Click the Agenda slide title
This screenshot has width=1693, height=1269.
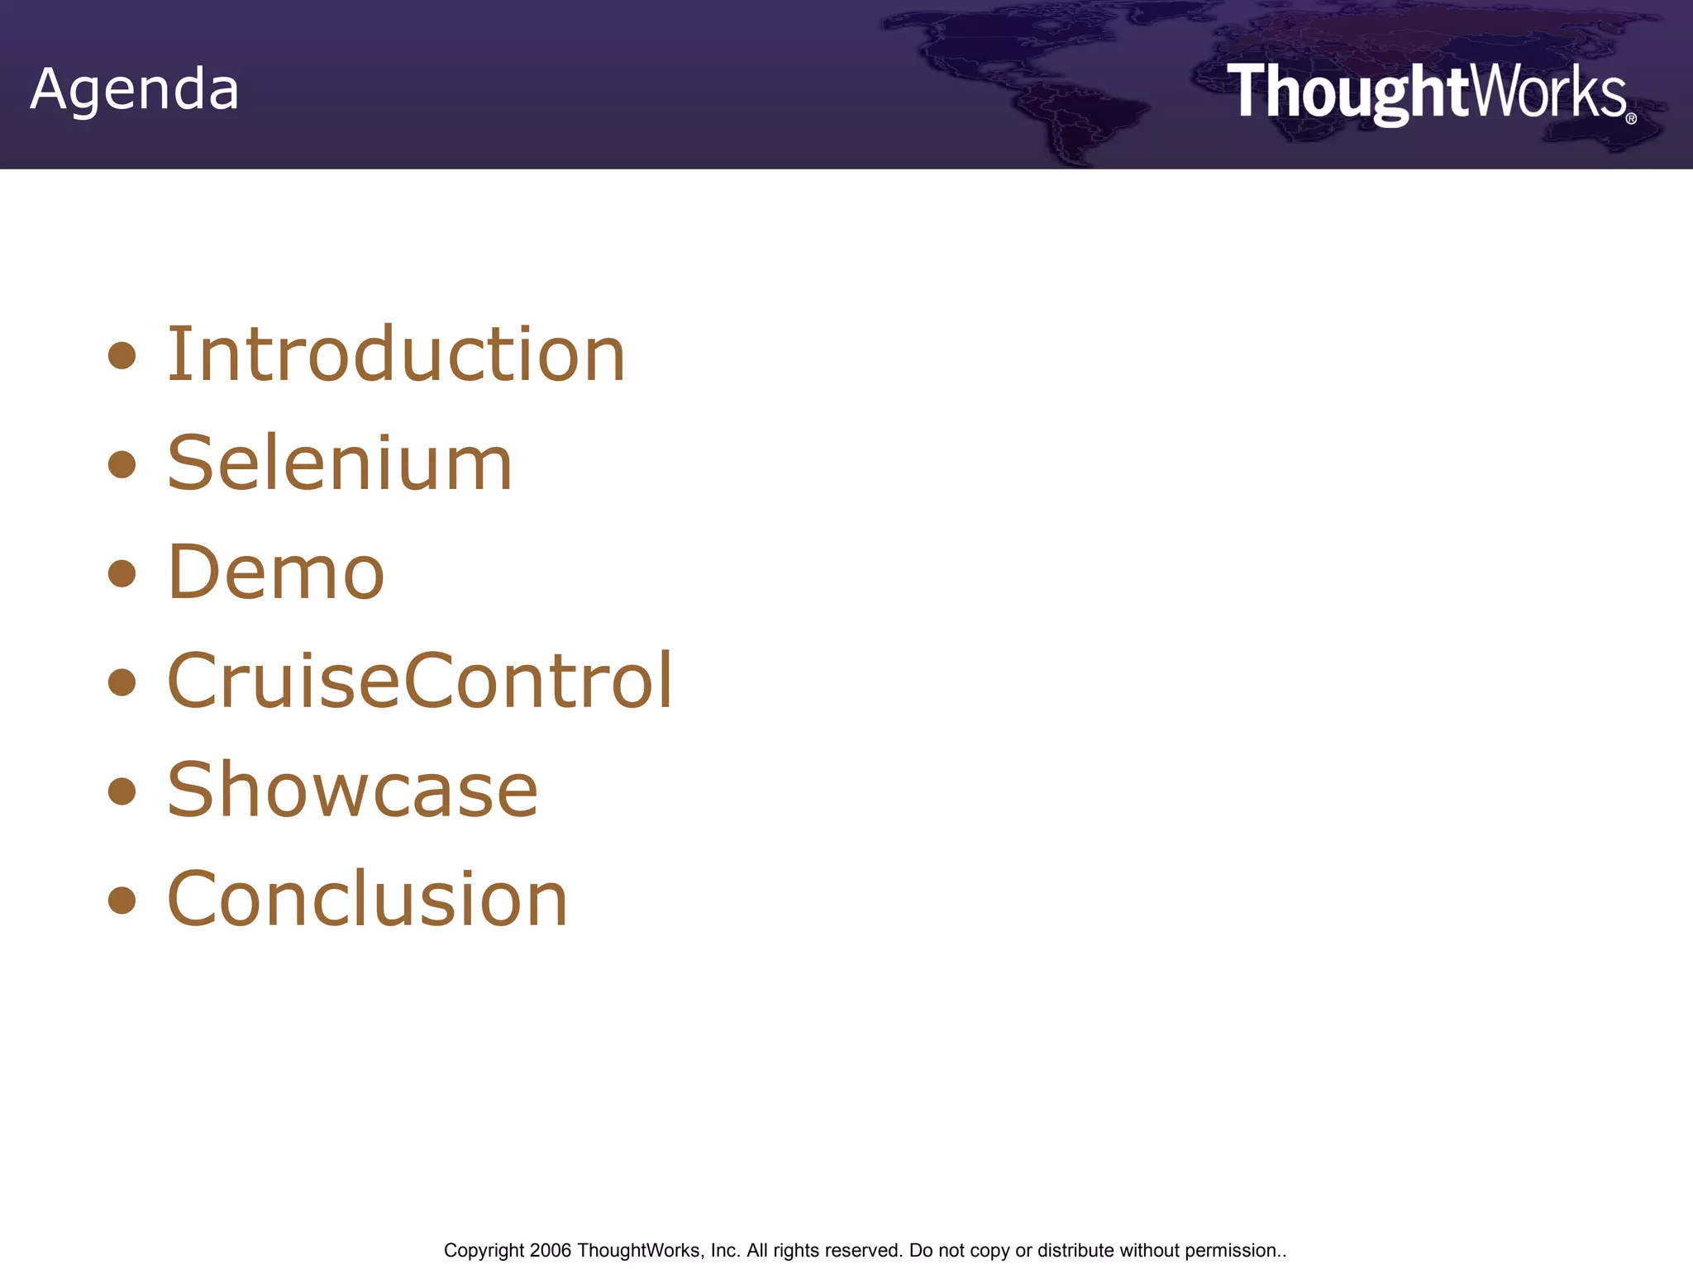[x=135, y=88]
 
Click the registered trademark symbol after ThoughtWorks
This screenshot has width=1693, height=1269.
[x=1631, y=119]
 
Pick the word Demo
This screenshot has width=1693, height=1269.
[x=276, y=572]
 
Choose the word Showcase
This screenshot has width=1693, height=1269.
[x=352, y=790]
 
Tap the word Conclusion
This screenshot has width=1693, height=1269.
[x=367, y=898]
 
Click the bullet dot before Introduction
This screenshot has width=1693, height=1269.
[x=122, y=356]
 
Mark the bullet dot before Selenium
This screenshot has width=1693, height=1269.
[x=122, y=464]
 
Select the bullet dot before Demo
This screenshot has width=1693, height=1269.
[x=122, y=573]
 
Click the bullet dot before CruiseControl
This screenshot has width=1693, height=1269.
[x=122, y=682]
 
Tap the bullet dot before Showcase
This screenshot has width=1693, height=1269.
[x=122, y=791]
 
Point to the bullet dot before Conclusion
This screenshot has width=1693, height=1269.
[x=122, y=900]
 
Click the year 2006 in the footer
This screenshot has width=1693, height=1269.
[x=551, y=1250]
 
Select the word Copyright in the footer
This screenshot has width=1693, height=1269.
[x=484, y=1251]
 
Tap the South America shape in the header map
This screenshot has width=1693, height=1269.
[x=1075, y=124]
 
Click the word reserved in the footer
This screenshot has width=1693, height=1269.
[x=867, y=1250]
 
